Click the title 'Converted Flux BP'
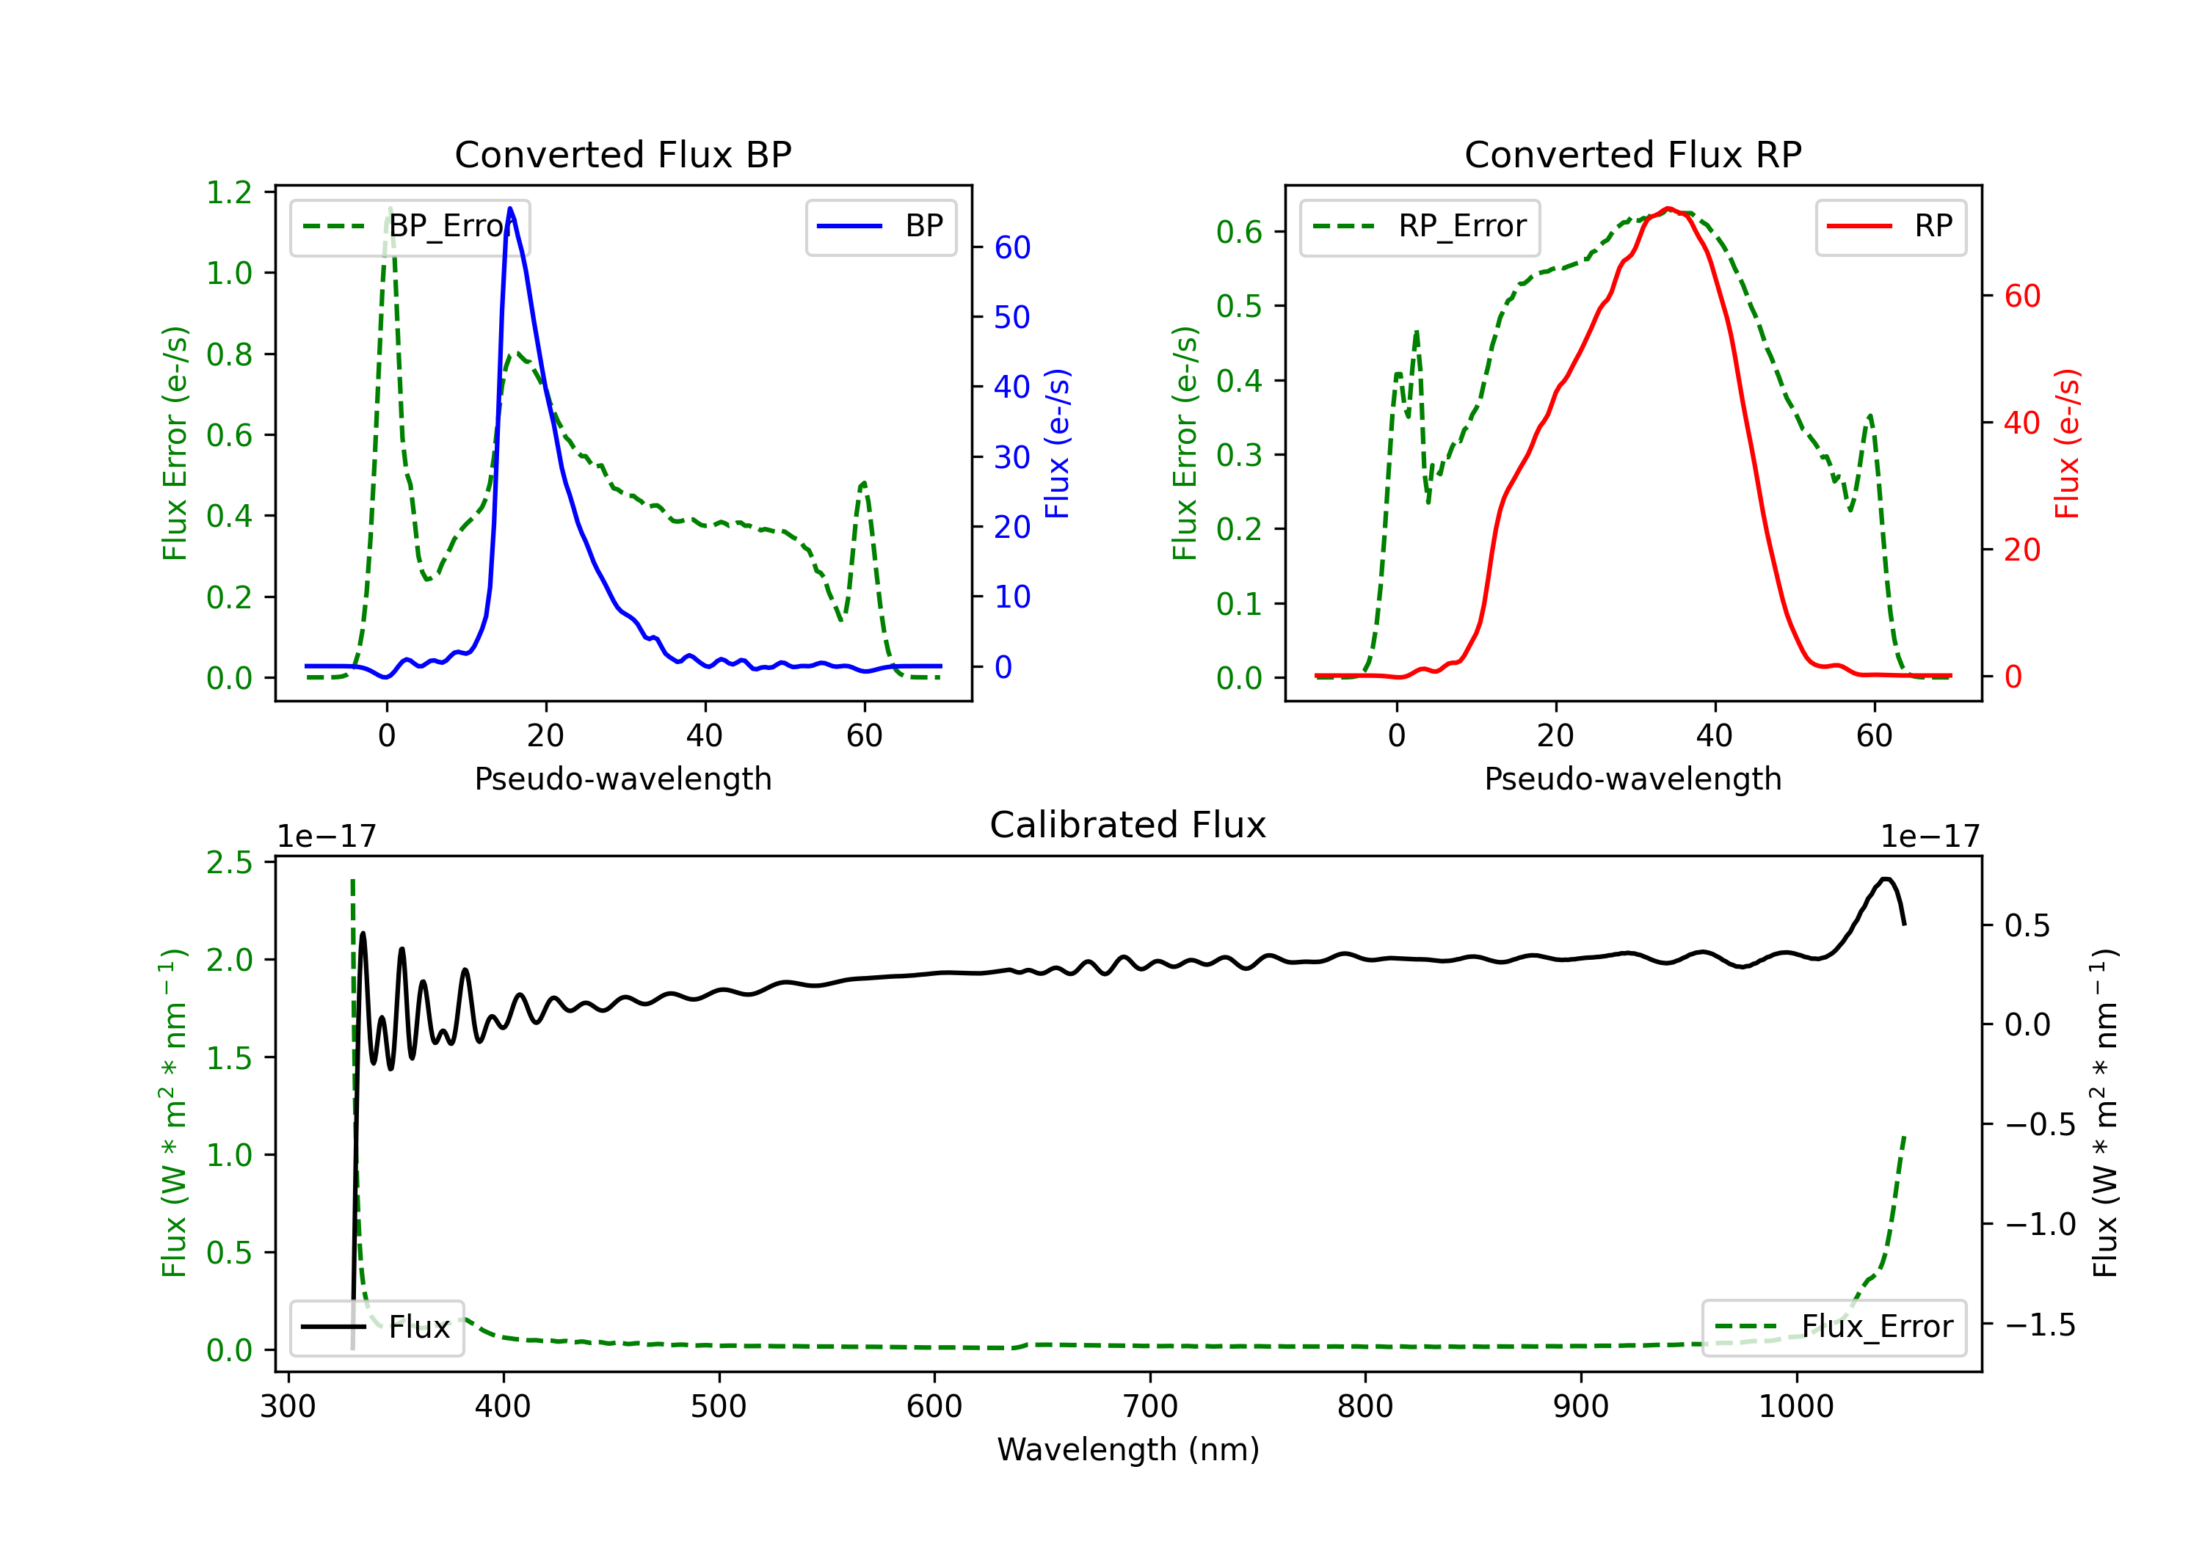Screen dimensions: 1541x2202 (622, 154)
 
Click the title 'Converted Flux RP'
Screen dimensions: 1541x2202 (1632, 154)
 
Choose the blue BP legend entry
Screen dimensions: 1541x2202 (880, 226)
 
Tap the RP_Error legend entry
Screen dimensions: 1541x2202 (1420, 226)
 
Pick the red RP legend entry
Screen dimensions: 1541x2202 (1890, 226)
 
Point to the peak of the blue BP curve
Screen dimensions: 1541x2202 (510, 208)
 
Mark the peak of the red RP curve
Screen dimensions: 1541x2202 (1669, 208)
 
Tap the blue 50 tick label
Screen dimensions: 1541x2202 (1011, 318)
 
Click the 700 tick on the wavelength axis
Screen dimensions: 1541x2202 (1150, 1407)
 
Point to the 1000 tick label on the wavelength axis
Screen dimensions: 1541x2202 (1795, 1407)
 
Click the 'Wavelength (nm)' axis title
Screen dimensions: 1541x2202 (1128, 1449)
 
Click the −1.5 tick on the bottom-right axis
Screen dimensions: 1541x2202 (2039, 1325)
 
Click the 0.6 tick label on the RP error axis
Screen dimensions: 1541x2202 (1239, 232)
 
